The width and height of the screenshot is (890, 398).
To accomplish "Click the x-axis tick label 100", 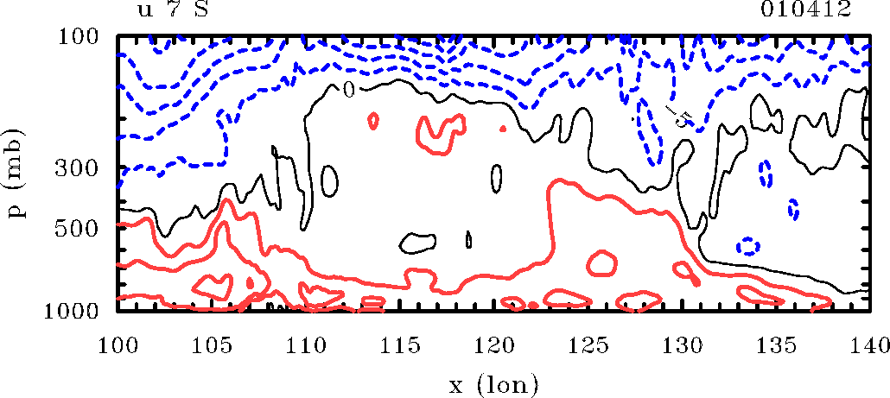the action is coord(117,344).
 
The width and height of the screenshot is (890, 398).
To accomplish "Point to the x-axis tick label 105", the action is coord(211,344).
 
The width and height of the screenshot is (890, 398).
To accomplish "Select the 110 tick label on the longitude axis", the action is coord(305,344).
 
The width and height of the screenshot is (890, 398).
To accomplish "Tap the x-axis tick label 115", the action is coord(399,344).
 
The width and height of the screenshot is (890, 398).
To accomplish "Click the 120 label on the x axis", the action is coord(493,344).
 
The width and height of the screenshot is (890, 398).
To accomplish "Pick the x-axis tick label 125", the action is coord(588,344).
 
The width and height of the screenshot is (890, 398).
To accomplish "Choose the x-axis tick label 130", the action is coord(683,344).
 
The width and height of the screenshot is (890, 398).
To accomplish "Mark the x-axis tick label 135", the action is coord(777,344).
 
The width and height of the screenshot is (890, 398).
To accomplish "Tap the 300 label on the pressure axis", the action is coord(77,168).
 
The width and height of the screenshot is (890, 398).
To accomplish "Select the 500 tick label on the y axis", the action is coord(77,231).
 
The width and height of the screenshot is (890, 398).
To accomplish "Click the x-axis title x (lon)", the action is coord(493,386).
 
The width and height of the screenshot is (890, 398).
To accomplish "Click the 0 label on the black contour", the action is coord(350,90).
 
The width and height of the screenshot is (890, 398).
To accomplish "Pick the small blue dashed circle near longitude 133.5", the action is coord(748,247).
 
